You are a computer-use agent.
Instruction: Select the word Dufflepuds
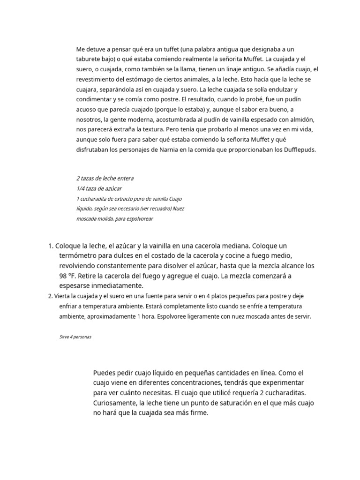coord(300,150)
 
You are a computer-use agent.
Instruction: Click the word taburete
coord(89,59)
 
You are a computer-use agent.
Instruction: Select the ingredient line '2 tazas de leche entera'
coord(105,179)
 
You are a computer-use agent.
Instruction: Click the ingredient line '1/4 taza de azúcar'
coord(99,188)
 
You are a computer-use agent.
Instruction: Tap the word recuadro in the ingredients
coord(157,209)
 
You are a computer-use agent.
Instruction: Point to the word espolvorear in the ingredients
coord(140,219)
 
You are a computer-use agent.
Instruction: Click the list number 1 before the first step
coord(51,246)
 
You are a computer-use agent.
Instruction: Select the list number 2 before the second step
coord(50,296)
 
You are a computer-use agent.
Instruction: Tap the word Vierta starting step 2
coord(63,296)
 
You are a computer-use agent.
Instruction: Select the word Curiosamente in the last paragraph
coord(114,403)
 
